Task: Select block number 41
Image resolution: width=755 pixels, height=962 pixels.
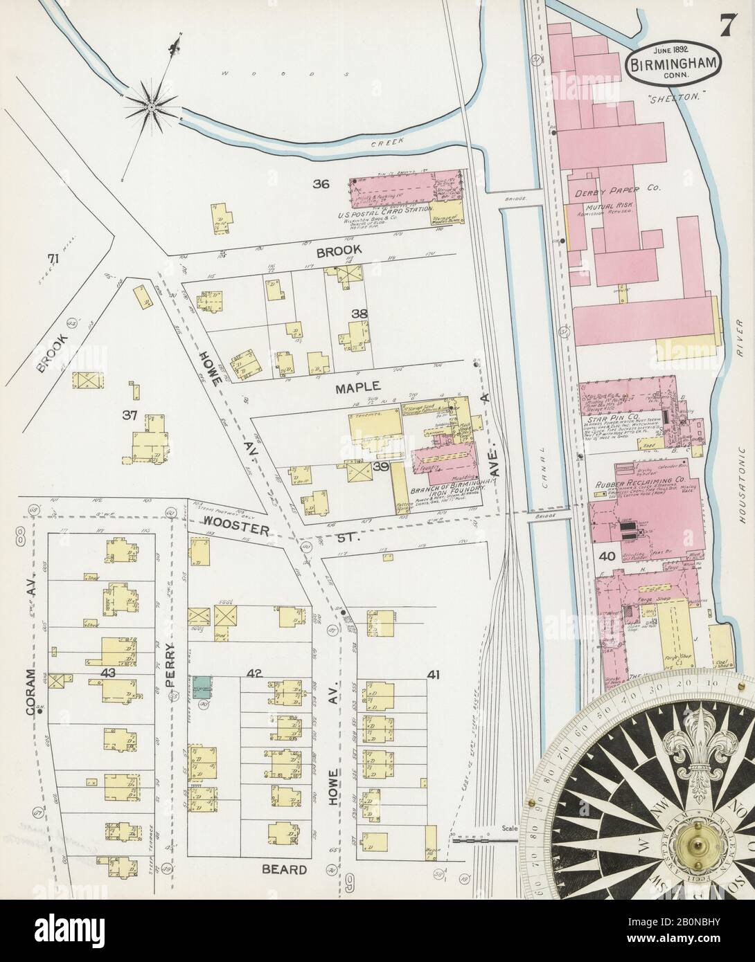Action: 434,675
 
